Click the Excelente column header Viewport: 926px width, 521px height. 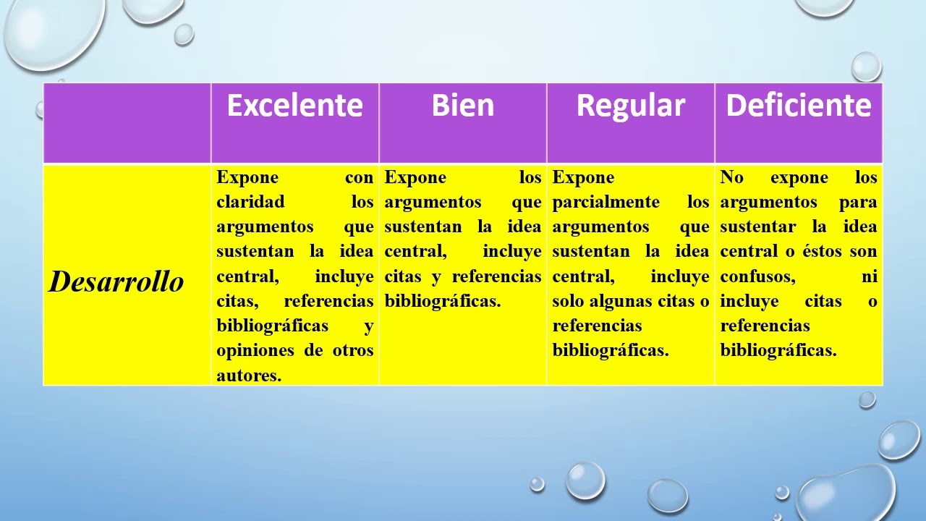(294, 106)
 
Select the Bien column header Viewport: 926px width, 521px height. (462, 106)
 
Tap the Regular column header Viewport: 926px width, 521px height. (630, 106)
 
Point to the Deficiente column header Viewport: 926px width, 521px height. (798, 106)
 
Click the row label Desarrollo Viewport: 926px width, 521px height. (116, 281)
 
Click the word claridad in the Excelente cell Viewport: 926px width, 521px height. (250, 202)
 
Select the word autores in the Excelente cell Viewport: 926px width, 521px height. (248, 375)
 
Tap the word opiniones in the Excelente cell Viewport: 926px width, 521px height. (255, 350)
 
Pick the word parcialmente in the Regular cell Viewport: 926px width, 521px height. (606, 202)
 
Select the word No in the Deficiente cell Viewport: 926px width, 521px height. (731, 177)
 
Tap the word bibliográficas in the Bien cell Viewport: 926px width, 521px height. (442, 301)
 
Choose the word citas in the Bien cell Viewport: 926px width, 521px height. (402, 276)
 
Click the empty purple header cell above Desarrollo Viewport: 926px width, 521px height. (127, 122)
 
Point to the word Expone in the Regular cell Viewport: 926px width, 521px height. (583, 177)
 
